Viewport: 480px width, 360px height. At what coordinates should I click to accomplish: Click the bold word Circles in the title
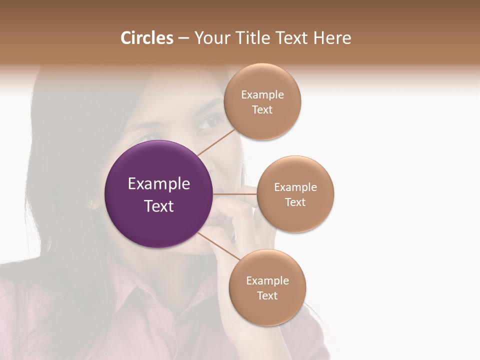tap(146, 38)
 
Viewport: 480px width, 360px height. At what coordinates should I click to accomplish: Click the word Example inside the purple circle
tap(159, 184)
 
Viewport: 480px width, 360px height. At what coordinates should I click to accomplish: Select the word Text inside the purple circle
tap(159, 206)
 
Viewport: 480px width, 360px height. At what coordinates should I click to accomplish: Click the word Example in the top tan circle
tap(262, 94)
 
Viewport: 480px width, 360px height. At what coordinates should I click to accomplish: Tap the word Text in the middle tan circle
tap(295, 202)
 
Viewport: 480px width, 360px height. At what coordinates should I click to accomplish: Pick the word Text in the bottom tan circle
tap(267, 295)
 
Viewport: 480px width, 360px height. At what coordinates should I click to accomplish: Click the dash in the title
tap(183, 38)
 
